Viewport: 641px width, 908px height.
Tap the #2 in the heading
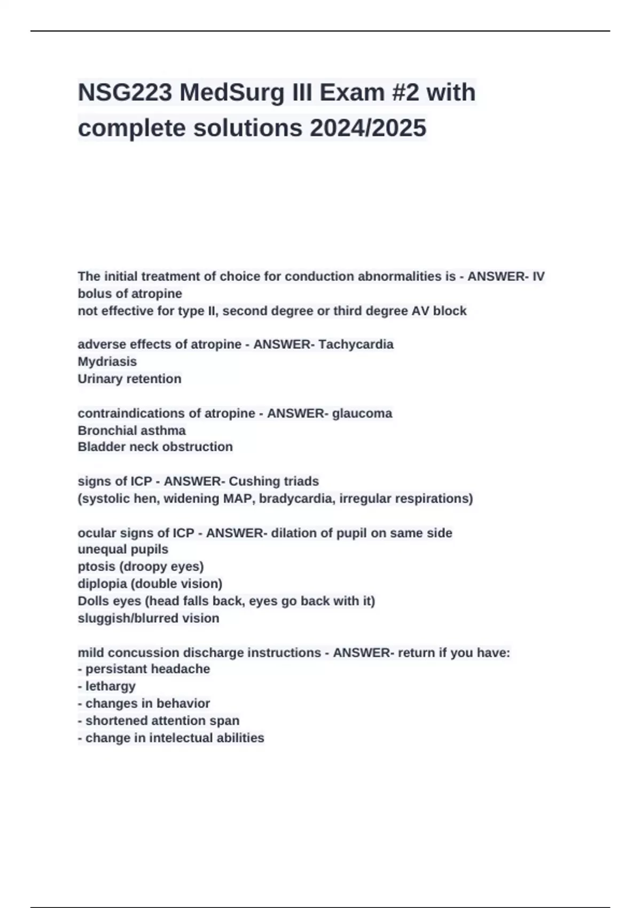click(405, 92)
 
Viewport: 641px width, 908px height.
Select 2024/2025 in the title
click(368, 128)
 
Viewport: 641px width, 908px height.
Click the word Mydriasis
click(107, 362)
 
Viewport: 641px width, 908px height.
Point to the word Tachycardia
click(356, 345)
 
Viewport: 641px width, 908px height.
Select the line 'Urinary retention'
click(130, 379)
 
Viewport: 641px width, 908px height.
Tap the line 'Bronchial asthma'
click(132, 430)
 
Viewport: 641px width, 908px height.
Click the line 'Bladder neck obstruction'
click(155, 447)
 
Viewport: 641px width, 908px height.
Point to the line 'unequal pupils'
click(123, 549)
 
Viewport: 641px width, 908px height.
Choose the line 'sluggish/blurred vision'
click(148, 618)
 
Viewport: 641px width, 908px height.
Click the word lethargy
click(111, 686)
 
